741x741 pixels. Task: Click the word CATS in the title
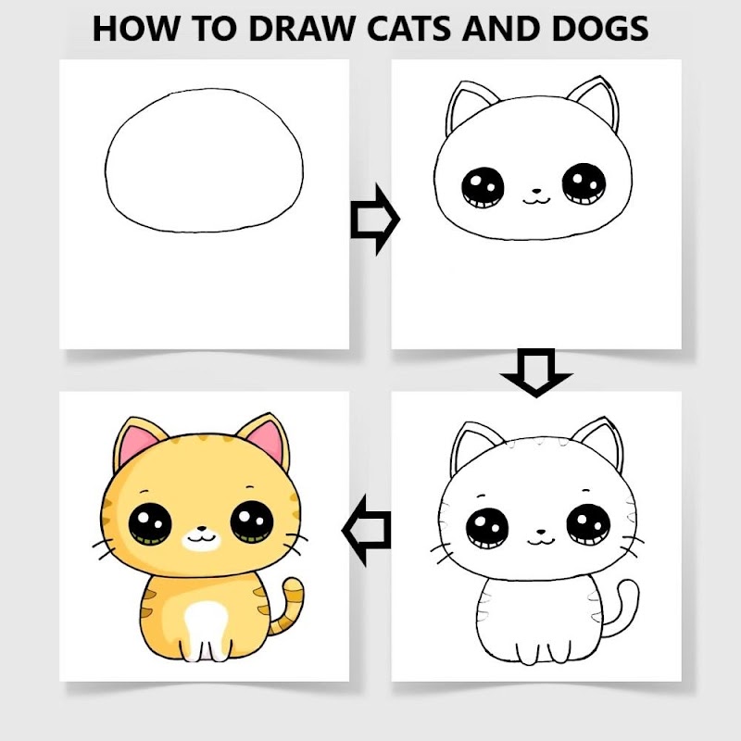coord(409,29)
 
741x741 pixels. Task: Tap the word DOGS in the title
coord(600,29)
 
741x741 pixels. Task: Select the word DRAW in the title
coord(302,29)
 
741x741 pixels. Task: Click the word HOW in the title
coord(135,29)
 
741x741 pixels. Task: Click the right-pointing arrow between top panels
coord(375,220)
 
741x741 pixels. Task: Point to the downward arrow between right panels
coord(536,372)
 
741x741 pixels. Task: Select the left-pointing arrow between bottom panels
coord(367,530)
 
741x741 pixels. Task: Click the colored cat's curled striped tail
coord(287,608)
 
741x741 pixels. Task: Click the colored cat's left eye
coord(150,524)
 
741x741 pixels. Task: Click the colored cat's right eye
coord(252,521)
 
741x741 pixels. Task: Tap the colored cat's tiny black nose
coord(202,528)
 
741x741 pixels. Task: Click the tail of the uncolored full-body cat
coord(622,609)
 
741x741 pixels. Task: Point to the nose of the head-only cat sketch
coord(536,192)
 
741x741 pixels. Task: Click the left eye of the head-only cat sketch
coord(483,188)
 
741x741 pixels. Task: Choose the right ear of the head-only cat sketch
coord(595,102)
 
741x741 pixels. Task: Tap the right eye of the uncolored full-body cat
coord(588,524)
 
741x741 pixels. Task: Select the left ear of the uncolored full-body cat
coord(472,446)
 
